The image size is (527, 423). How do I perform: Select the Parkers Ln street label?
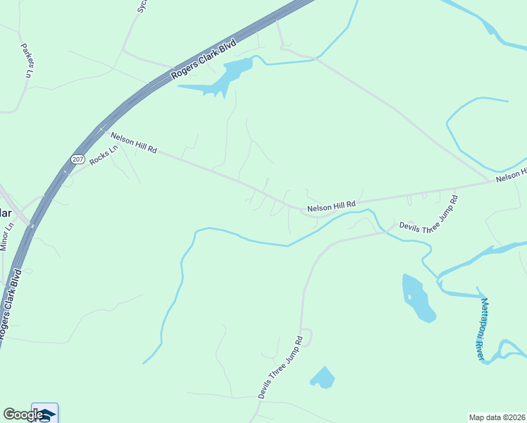[27, 61]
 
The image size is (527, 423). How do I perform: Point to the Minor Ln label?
[7, 238]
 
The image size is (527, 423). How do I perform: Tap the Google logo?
[23, 415]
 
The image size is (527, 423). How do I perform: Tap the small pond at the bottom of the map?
[323, 378]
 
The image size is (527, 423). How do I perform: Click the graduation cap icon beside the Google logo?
[46, 413]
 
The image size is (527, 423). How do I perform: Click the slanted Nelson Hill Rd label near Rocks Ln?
[132, 142]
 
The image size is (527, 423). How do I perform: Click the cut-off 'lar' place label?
[6, 213]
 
